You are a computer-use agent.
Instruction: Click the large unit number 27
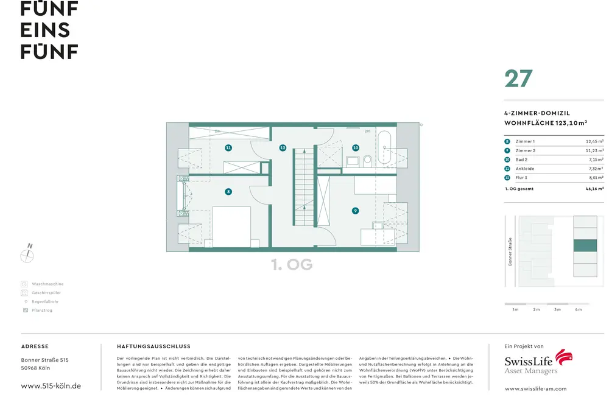tap(518, 79)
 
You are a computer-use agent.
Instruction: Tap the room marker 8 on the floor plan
tap(228, 191)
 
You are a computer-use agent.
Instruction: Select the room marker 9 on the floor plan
tap(355, 211)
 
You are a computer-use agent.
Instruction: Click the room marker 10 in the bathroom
tap(356, 147)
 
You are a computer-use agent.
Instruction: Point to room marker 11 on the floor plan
tap(228, 147)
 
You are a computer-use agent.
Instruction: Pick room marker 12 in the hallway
tap(283, 147)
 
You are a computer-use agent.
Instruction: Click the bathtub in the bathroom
tap(384, 147)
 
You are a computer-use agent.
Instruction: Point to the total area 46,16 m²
tap(591, 189)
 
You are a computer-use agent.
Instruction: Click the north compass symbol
tap(27, 255)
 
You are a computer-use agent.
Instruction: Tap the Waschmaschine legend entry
tap(47, 284)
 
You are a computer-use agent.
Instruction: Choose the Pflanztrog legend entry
tap(42, 311)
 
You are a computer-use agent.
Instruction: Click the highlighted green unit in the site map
tap(585, 245)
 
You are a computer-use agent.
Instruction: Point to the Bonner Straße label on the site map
tap(510, 251)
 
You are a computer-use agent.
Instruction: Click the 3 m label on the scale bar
tap(557, 310)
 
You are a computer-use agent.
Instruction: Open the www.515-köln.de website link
tap(51, 386)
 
